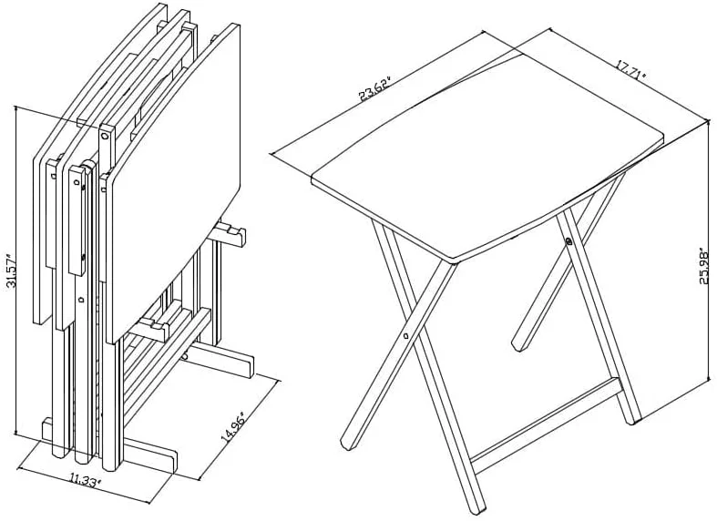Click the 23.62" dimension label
tap(376, 89)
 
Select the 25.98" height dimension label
tap(704, 268)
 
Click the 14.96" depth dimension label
tap(233, 427)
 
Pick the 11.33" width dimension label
tap(86, 480)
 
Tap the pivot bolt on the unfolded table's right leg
tap(568, 241)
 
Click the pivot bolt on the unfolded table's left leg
tap(406, 336)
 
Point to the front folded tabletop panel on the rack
tap(172, 183)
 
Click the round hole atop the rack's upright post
tap(105, 136)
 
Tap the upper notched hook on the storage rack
tap(230, 232)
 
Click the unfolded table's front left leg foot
tap(348, 444)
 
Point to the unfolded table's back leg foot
tap(519, 346)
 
